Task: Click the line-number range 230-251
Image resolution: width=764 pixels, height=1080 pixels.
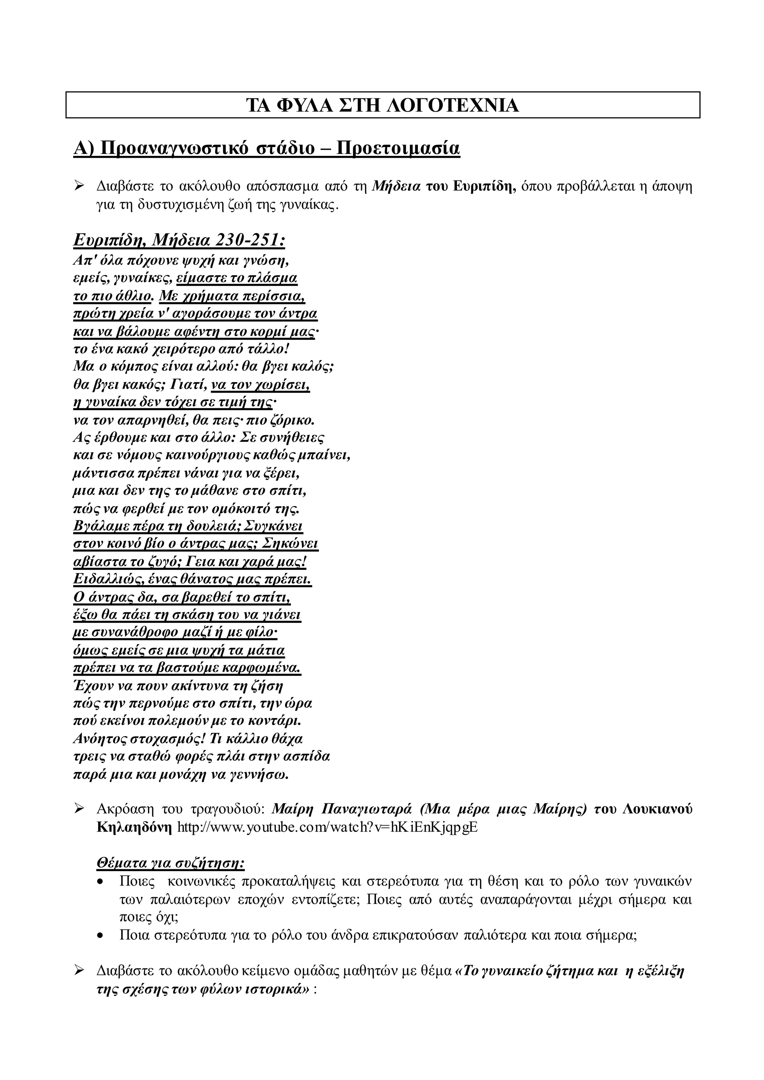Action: [x=250, y=241]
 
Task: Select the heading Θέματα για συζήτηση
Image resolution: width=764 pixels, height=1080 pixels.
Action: [x=170, y=864]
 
